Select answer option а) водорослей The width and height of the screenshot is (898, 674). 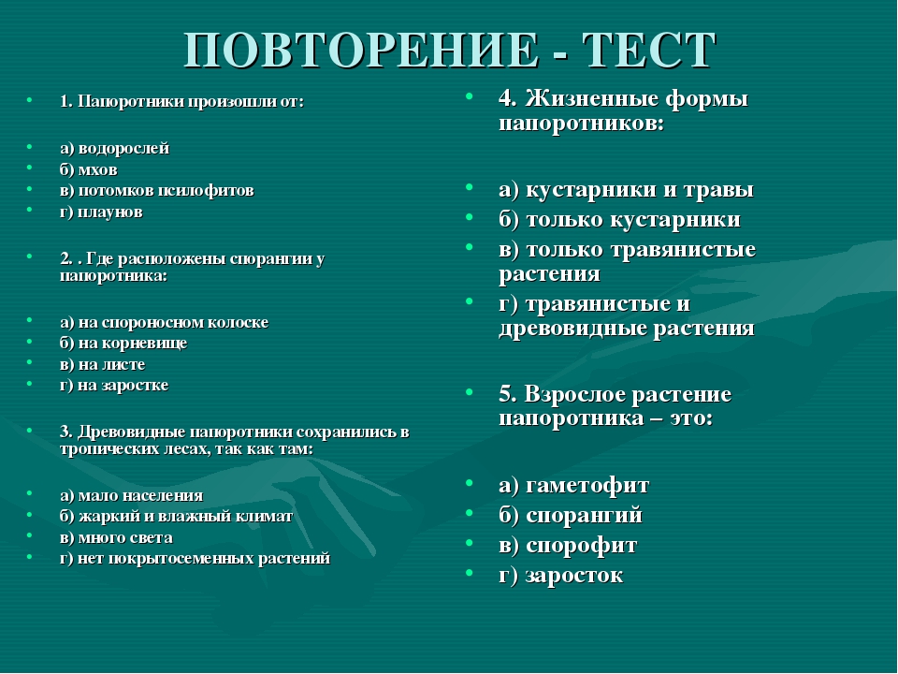pyautogui.click(x=114, y=148)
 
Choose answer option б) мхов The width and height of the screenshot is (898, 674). pyautogui.click(x=88, y=169)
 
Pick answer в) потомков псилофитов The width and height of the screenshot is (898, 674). pyautogui.click(x=156, y=190)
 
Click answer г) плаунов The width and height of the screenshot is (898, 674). pyautogui.click(x=101, y=212)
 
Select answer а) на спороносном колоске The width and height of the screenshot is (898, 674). pyautogui.click(x=164, y=322)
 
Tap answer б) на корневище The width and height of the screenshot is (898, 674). pyautogui.click(x=123, y=343)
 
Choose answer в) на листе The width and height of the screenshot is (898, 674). pyautogui.click(x=102, y=364)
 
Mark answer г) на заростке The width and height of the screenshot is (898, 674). pyautogui.click(x=113, y=385)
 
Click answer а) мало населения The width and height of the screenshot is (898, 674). pyautogui.click(x=131, y=495)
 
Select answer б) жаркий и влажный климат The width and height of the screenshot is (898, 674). pyautogui.click(x=176, y=516)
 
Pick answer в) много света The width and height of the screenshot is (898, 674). pyautogui.click(x=116, y=537)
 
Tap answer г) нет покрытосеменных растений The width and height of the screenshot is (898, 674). pyautogui.click(x=195, y=558)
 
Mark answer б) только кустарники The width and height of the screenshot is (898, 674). pyautogui.click(x=619, y=220)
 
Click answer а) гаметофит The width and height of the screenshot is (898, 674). pyautogui.click(x=573, y=485)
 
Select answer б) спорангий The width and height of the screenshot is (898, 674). pyautogui.click(x=571, y=515)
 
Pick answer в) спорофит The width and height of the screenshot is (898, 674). pyautogui.click(x=568, y=545)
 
